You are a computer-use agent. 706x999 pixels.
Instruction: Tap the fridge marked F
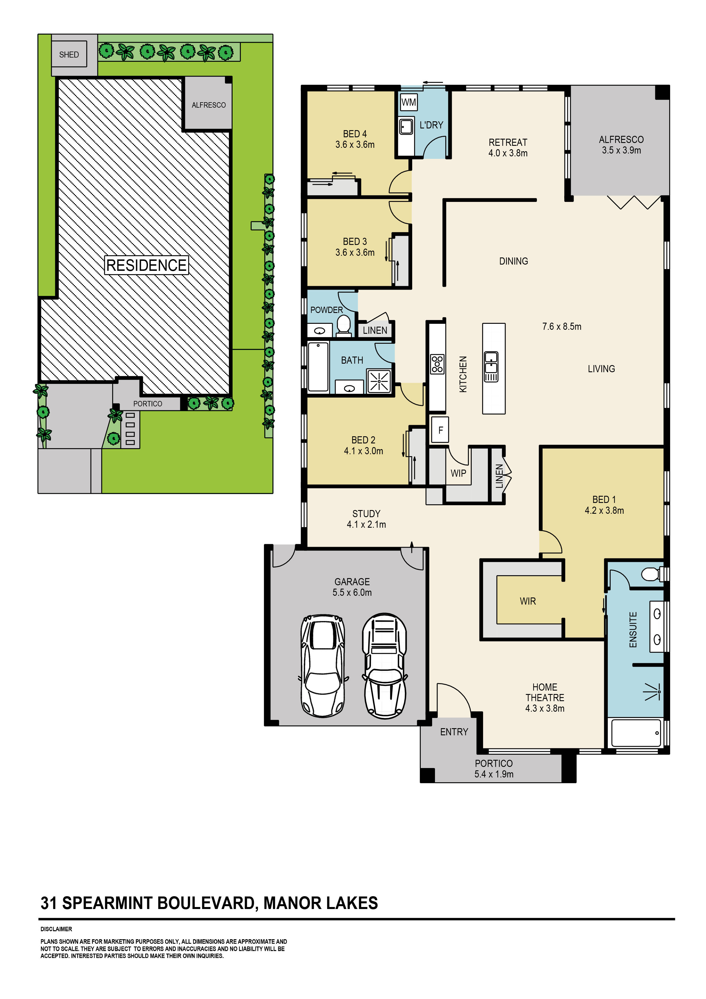pyautogui.click(x=440, y=430)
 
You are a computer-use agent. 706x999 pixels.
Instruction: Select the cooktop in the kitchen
pyautogui.click(x=437, y=364)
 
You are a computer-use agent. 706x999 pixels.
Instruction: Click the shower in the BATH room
pyautogui.click(x=379, y=381)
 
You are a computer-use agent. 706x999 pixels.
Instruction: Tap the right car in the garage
pyautogui.click(x=385, y=666)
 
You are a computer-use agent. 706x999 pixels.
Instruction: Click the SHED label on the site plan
pyautogui.click(x=69, y=54)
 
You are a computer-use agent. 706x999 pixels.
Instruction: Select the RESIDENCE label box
pyautogui.click(x=147, y=265)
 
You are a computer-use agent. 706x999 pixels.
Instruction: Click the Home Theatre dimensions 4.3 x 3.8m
pyautogui.click(x=545, y=708)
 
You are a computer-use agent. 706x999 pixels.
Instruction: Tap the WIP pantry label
pyautogui.click(x=458, y=473)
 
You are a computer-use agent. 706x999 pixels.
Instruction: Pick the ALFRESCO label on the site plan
pyautogui.click(x=208, y=105)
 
